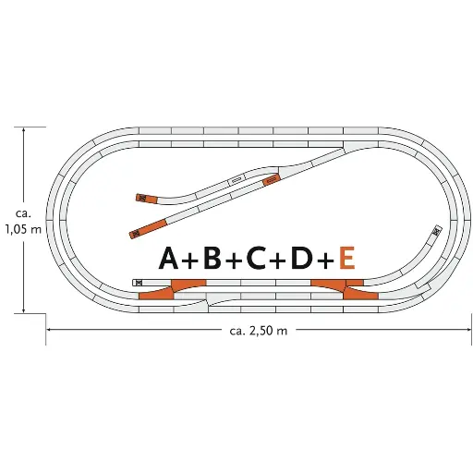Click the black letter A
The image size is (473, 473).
pyautogui.click(x=168, y=258)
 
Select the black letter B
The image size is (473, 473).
pyautogui.click(x=212, y=258)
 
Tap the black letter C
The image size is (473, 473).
pyautogui.click(x=256, y=258)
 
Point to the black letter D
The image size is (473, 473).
pyautogui.click(x=301, y=258)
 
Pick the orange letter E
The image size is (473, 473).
pyautogui.click(x=347, y=258)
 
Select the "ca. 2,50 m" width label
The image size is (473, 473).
pyautogui.click(x=259, y=331)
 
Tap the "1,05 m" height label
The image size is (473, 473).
pyautogui.click(x=23, y=229)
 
